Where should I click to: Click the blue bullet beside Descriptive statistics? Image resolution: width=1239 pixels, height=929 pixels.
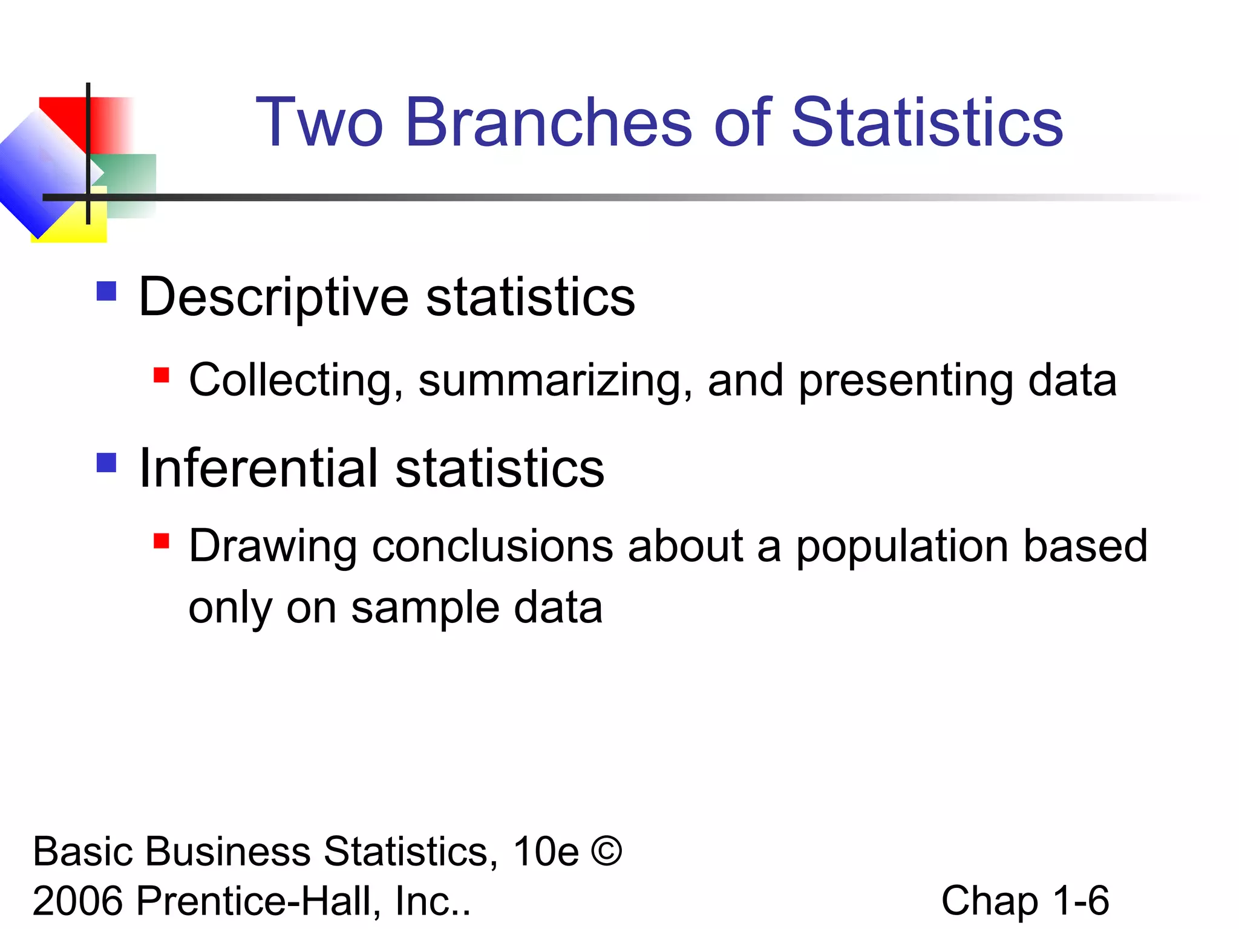[106, 292]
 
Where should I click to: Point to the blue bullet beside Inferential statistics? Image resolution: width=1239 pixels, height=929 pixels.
[106, 463]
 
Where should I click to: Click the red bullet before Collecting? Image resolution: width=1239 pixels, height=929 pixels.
[161, 375]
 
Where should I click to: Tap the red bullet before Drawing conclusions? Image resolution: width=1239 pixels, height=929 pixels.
[161, 540]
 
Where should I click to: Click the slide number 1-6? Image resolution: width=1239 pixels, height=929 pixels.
[1081, 901]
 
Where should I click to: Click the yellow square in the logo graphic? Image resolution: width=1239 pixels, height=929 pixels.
[79, 227]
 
